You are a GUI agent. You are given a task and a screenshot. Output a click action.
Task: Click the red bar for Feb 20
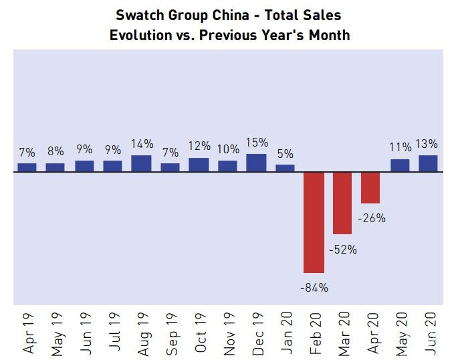tap(314, 222)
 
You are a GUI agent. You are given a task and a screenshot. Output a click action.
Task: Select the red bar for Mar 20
tap(342, 203)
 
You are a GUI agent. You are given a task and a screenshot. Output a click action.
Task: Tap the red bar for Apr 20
tap(370, 188)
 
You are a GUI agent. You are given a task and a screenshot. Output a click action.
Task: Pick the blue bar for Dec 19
tap(256, 163)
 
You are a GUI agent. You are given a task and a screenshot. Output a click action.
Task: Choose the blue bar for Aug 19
tap(141, 163)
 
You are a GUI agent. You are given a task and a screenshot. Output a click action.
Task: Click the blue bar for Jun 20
tap(428, 163)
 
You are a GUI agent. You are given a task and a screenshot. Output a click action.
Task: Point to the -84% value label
tap(314, 288)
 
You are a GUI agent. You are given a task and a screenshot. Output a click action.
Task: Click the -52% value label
tap(343, 250)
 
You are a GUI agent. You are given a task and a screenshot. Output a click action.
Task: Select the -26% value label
tap(371, 218)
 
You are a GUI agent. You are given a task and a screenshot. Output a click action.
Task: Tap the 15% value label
tap(257, 143)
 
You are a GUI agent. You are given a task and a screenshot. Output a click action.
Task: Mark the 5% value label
tap(285, 153)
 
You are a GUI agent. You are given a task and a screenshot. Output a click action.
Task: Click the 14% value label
tap(142, 144)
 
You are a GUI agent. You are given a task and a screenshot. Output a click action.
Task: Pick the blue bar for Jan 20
tap(285, 168)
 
